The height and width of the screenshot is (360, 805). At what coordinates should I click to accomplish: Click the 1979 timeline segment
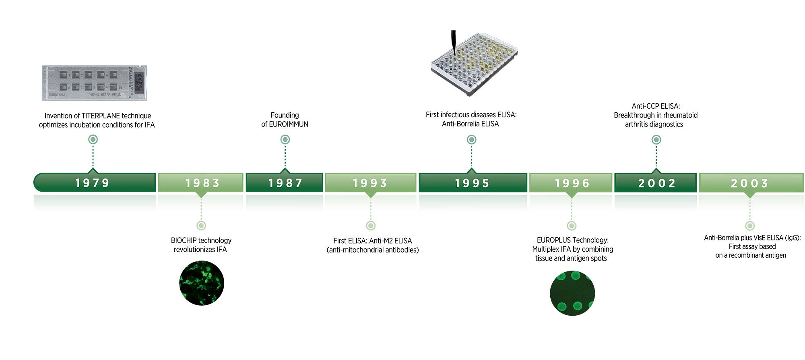[x=95, y=182]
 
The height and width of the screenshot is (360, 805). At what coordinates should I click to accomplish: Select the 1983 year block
[x=200, y=182]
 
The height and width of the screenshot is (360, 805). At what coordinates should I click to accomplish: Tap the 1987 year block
[x=284, y=182]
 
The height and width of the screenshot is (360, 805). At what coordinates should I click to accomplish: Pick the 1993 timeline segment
[x=370, y=182]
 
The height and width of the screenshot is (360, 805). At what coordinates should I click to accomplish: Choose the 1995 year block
[x=473, y=182]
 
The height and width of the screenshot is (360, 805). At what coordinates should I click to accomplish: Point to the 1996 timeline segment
[x=571, y=182]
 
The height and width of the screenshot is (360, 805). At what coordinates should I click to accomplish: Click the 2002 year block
[x=656, y=182]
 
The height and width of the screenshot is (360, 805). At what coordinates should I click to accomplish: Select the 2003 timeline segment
[x=751, y=182]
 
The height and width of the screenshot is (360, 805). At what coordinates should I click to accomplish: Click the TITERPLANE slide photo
[x=95, y=83]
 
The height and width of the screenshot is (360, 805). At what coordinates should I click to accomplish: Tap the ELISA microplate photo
[x=474, y=64]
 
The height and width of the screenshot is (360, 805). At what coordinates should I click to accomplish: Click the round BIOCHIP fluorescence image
[x=202, y=283]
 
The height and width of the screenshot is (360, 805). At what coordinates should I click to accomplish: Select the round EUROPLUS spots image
[x=572, y=293]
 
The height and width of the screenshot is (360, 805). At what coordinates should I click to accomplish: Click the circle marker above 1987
[x=285, y=139]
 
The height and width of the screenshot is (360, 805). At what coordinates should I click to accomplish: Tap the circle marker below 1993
[x=371, y=226]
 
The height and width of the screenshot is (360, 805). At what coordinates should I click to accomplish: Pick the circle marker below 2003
[x=749, y=226]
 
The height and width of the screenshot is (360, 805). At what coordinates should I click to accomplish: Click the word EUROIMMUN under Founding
[x=289, y=124]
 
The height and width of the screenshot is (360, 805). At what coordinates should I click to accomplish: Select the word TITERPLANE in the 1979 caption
[x=101, y=116]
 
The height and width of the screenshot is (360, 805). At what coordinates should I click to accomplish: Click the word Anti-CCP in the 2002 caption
[x=643, y=106]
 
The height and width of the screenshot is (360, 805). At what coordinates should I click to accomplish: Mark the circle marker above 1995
[x=471, y=139]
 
